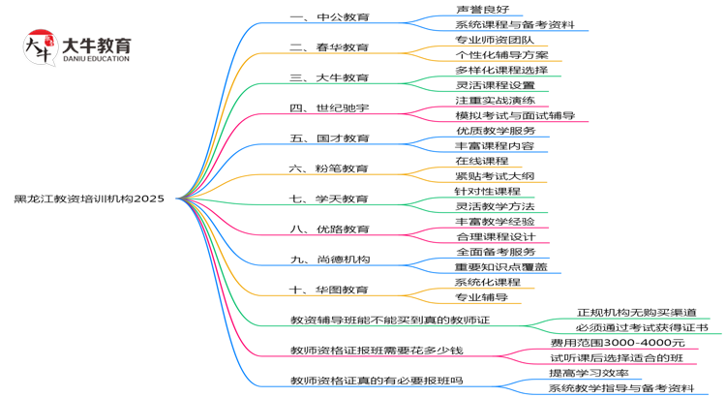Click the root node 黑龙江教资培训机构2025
tap(89, 198)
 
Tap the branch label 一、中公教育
tap(329, 17)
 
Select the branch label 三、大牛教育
tap(329, 77)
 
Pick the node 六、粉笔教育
tap(329, 168)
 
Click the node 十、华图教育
tap(329, 290)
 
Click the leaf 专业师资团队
tap(494, 40)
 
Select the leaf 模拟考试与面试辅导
tap(515, 115)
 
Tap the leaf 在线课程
tap(481, 161)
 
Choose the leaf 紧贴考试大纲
tap(494, 176)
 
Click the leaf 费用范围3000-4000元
tap(617, 343)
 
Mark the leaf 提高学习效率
tap(589, 373)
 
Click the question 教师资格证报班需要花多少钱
tap(378, 350)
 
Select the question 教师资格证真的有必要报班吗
tap(378, 381)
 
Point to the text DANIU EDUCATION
tap(94, 59)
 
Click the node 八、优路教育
tap(329, 229)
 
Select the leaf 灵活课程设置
tap(494, 85)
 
